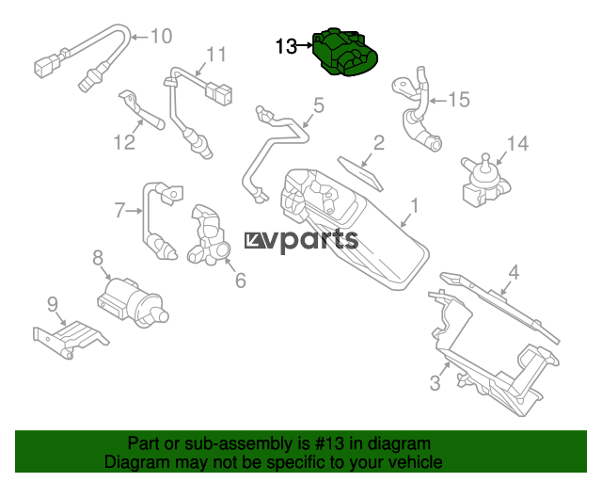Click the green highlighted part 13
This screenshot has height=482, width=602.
tap(345, 52)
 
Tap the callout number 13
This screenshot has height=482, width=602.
tap(286, 46)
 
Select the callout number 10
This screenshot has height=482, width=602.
tap(161, 36)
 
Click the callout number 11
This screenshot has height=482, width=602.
tap(216, 55)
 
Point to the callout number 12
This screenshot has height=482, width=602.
tap(125, 142)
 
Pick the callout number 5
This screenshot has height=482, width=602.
tap(319, 105)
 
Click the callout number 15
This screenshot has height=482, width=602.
tap(459, 100)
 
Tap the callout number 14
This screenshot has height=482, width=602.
tap(517, 143)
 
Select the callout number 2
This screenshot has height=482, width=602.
tap(379, 142)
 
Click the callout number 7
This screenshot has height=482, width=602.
tap(119, 210)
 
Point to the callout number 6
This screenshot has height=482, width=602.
tap(241, 281)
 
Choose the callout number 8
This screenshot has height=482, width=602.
tap(98, 258)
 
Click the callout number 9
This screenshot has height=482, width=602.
tap(53, 304)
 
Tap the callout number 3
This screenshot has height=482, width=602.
tap(435, 383)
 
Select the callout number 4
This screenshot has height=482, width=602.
tap(514, 272)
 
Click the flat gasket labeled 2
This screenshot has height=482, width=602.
tap(360, 173)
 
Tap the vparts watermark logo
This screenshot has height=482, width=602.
tap(301, 240)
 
